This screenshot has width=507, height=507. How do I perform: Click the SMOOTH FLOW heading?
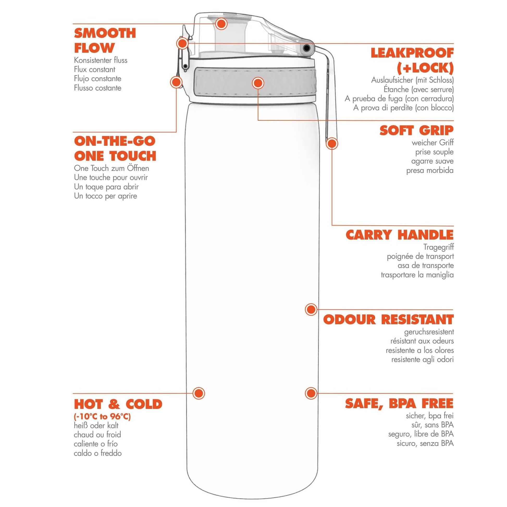(105, 41)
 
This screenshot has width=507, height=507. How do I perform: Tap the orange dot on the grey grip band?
(258, 83)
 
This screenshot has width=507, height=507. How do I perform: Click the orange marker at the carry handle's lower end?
(332, 144)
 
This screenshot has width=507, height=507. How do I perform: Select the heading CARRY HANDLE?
(399, 235)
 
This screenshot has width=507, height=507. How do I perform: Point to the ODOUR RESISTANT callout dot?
(311, 310)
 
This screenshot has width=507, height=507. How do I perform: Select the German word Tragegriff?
(438, 247)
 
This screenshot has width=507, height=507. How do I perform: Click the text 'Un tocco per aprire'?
(106, 196)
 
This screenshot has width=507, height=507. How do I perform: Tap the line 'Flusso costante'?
(98, 88)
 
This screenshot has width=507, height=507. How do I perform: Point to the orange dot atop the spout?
(221, 24)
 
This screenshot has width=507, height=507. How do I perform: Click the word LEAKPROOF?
(412, 53)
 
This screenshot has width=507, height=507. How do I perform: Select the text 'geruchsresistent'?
(429, 332)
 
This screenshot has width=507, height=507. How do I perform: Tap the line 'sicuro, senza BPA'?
(425, 443)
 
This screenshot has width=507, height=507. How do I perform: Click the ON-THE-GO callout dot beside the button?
(176, 82)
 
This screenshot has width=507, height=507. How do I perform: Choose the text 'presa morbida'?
(430, 171)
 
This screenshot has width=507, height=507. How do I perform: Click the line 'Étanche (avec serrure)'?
(419, 89)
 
